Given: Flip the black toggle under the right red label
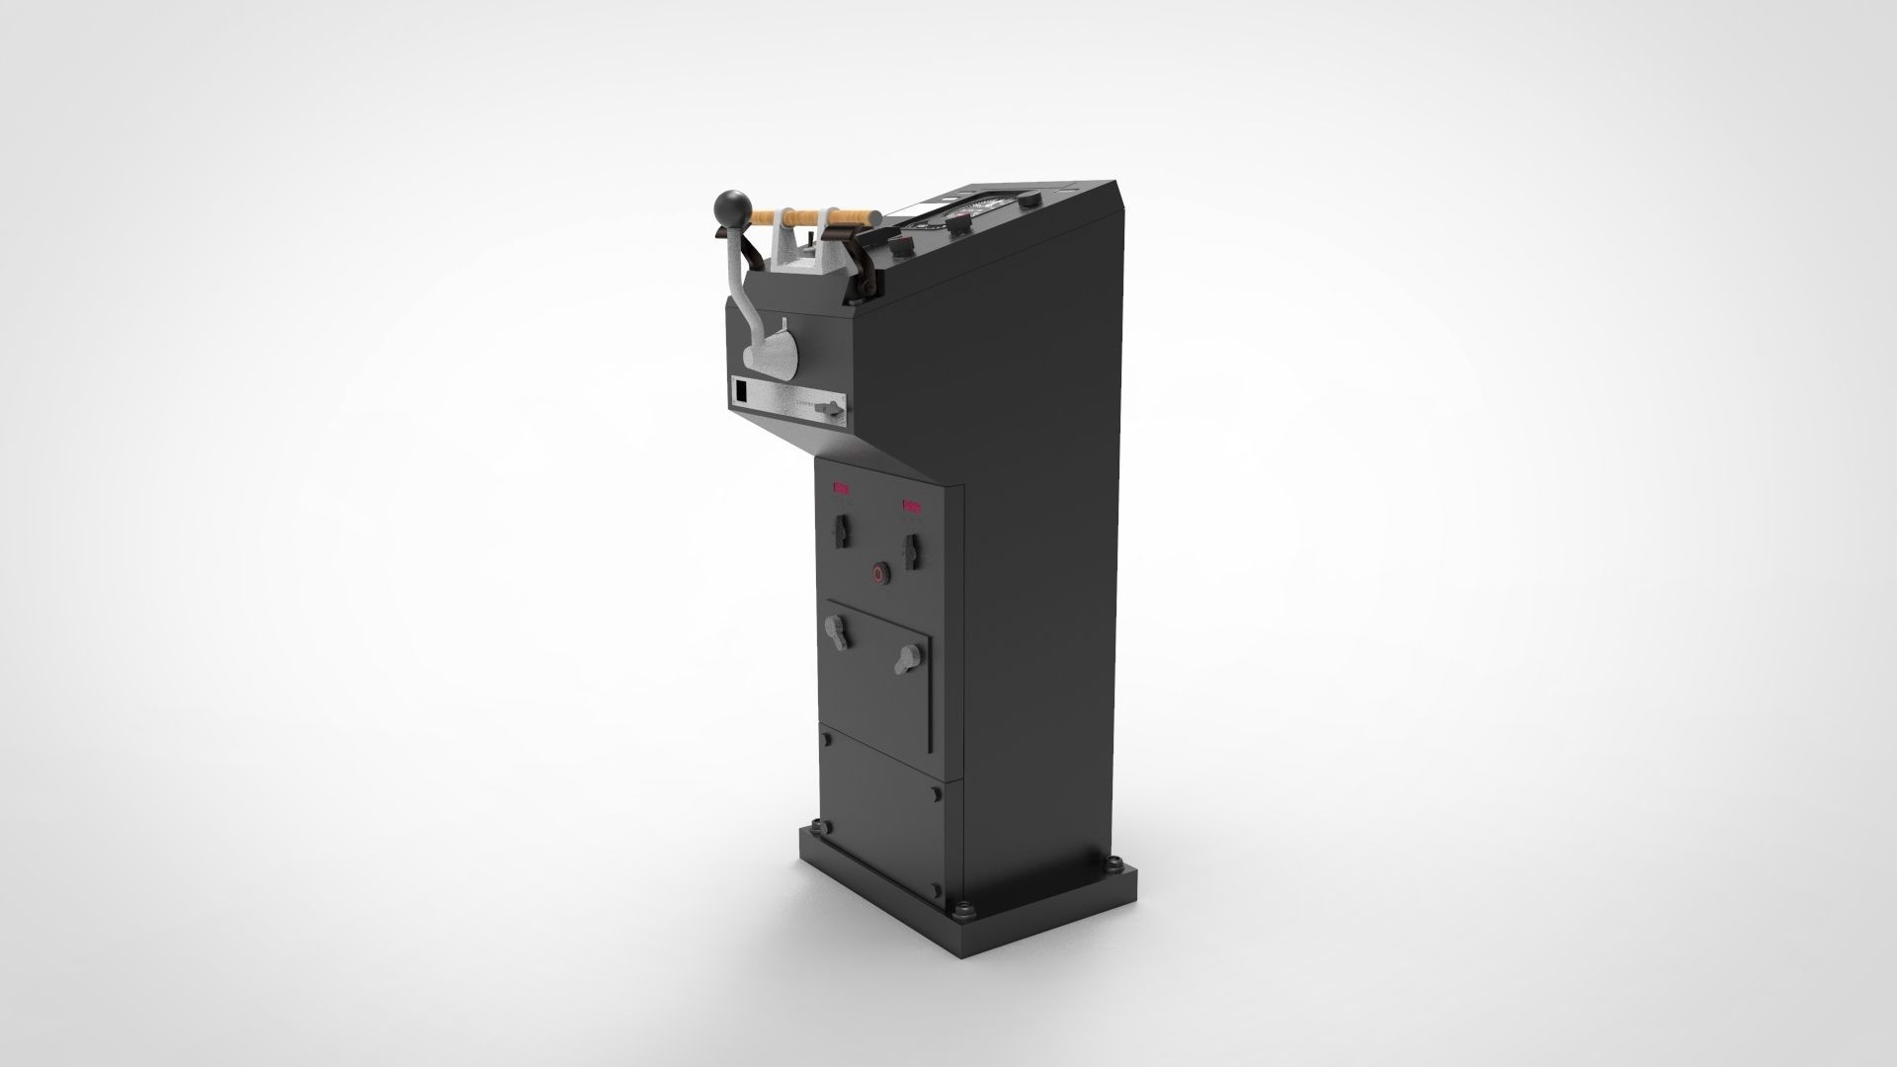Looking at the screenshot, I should (x=911, y=551).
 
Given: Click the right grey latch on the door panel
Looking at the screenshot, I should (x=906, y=659).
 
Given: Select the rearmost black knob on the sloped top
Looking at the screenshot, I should (x=1028, y=202).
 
